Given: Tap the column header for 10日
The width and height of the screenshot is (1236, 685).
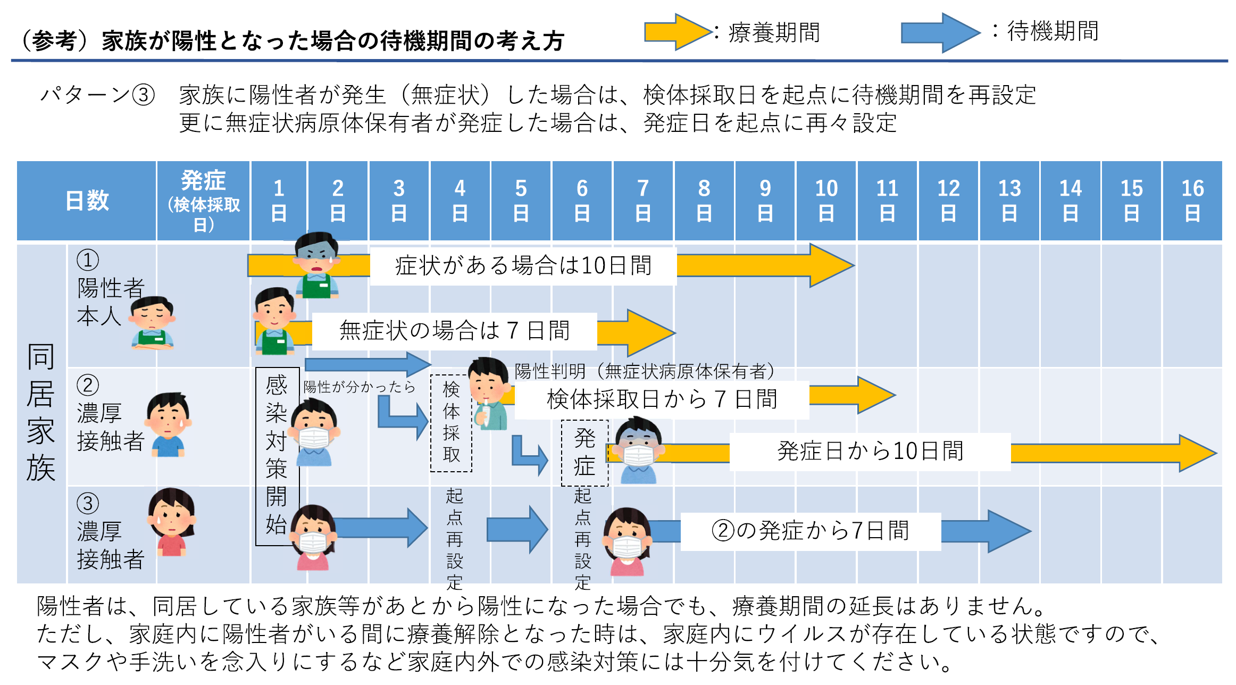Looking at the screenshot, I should click(826, 201).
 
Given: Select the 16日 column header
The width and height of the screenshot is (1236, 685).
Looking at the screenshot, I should click(1192, 201).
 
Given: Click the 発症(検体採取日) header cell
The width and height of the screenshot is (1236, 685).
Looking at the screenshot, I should click(203, 201).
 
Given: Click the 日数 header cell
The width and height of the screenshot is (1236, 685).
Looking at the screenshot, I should click(87, 201).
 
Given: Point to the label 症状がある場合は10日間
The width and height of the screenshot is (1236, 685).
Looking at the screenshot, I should click(523, 265).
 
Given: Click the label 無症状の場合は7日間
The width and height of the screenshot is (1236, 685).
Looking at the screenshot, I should click(454, 331).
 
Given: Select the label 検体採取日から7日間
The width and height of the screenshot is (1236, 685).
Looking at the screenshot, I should click(662, 399).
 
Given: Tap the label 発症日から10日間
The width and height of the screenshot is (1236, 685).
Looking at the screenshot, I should click(870, 452).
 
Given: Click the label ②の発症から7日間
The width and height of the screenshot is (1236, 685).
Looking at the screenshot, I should click(811, 531).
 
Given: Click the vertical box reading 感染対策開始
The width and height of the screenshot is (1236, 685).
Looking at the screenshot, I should click(277, 456).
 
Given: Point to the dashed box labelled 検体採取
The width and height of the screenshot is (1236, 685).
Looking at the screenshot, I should click(451, 423).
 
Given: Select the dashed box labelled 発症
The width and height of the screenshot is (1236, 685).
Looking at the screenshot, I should click(584, 453).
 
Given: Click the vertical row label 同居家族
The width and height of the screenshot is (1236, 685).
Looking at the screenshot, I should click(41, 412).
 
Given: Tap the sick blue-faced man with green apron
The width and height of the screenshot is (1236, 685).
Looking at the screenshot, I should click(317, 264).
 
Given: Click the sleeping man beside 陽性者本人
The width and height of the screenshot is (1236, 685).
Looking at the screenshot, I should click(153, 323).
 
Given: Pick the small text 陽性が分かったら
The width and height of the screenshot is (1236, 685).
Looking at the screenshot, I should click(359, 387).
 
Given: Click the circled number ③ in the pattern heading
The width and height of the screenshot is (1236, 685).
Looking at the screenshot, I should click(143, 95).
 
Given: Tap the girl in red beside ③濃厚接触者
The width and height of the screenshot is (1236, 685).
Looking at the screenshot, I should click(172, 522).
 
